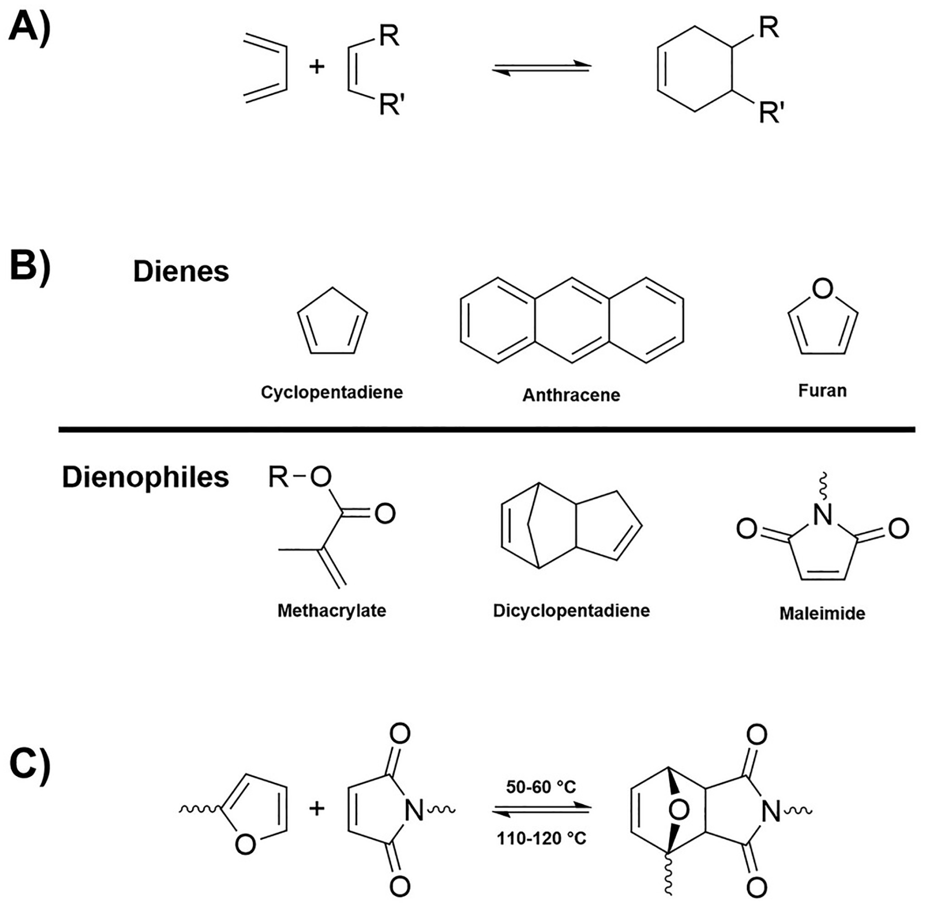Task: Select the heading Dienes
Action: coord(181,272)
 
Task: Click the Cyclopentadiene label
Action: coord(332,393)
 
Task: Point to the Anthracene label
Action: coord(571,395)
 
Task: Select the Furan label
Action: coord(822,391)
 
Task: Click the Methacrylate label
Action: coord(332,611)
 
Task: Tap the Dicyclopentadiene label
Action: coord(571,611)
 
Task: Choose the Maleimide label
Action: coord(822,613)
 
